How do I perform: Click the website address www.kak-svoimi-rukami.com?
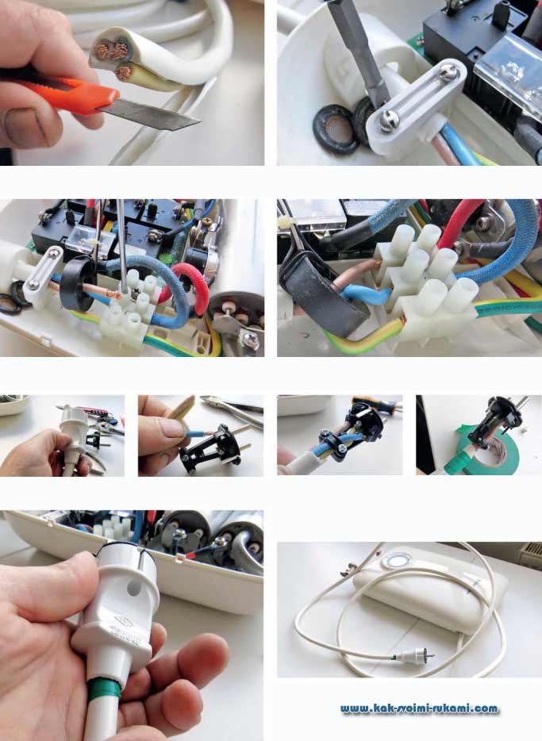coord(419,708)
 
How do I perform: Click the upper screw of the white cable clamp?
coord(448,71)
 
